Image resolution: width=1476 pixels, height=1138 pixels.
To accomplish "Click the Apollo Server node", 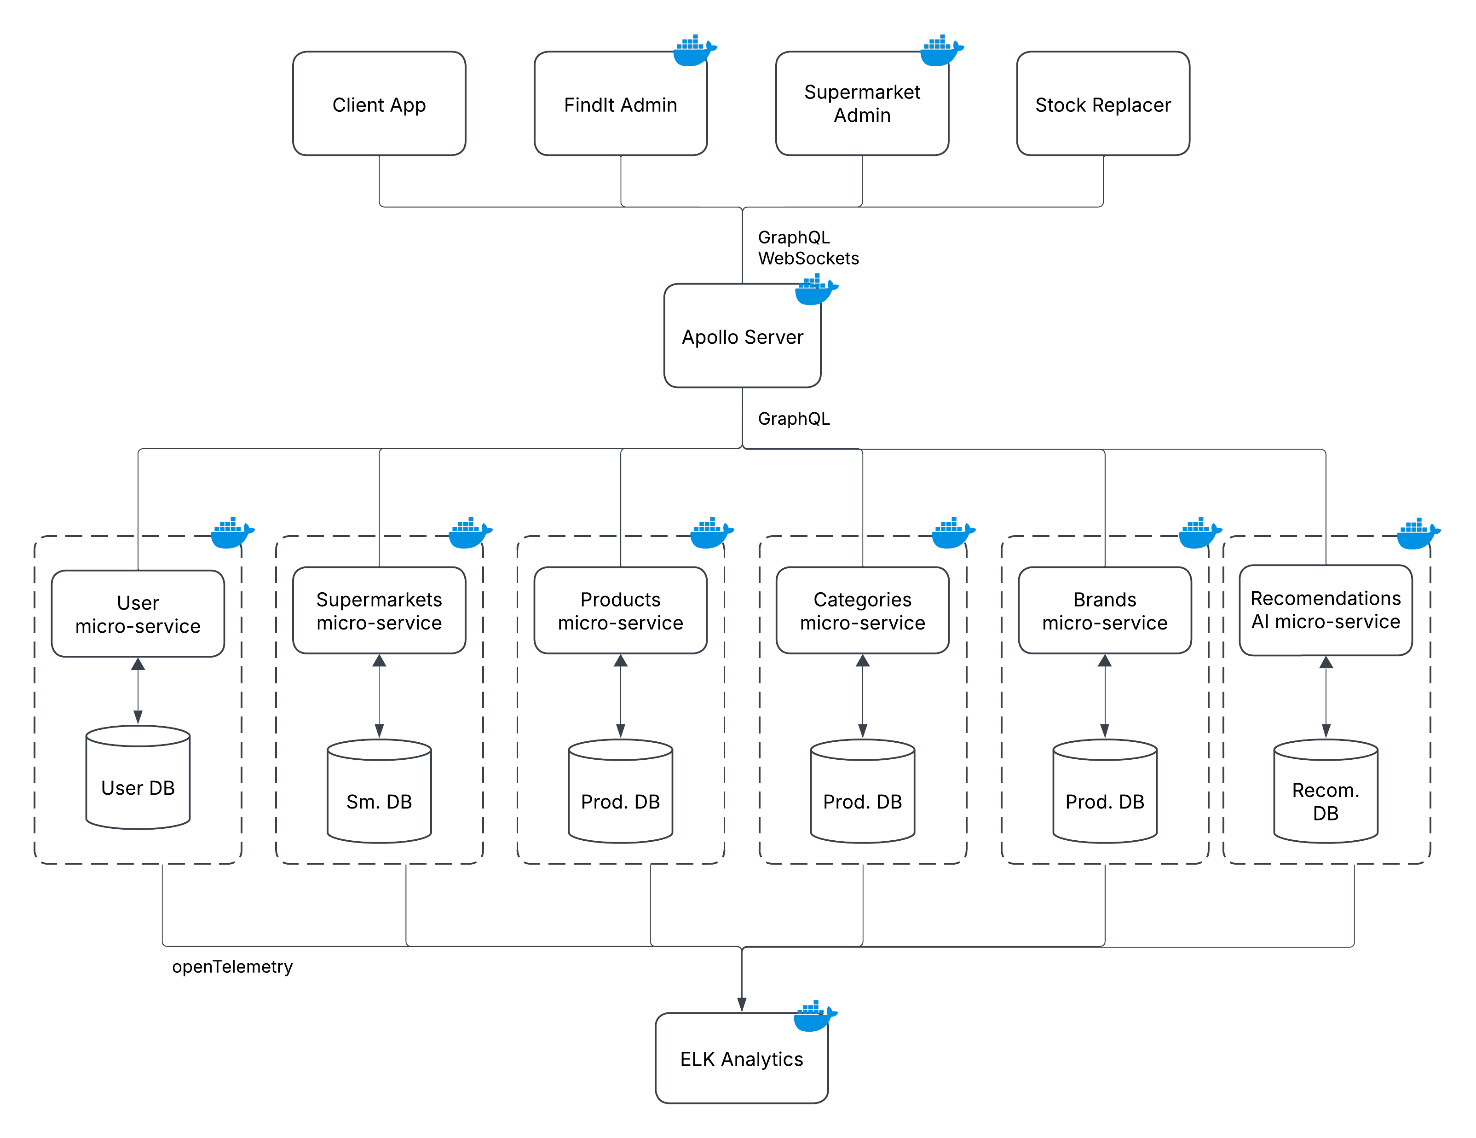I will [742, 336].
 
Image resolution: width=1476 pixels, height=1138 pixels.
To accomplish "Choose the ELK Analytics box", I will [741, 1058].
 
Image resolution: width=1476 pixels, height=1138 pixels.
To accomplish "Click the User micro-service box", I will [138, 613].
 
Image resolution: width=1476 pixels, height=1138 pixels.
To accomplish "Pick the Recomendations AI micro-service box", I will [1325, 610].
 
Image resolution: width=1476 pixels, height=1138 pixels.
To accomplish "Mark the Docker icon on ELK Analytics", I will [814, 1017].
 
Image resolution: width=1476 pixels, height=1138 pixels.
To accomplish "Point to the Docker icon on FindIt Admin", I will [693, 51].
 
